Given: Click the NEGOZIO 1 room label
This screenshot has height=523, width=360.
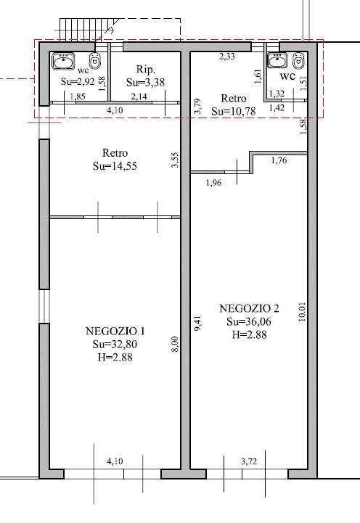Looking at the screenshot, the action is pos(115,331).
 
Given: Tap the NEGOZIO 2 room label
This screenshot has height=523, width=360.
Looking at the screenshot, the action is pos(249,308).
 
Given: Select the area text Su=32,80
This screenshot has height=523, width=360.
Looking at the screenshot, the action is pos(115,345).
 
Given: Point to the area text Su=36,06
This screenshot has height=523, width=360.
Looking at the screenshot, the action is pos(249,321).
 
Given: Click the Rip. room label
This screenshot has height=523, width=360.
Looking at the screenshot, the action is pos(146,70).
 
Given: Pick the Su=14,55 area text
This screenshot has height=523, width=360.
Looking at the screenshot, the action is pos(115,166).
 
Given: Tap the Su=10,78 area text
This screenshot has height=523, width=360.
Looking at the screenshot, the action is pos(234,111).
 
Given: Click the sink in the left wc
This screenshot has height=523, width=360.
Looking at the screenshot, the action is pos(63,61).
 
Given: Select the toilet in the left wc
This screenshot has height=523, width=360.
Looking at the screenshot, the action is pos(95,61).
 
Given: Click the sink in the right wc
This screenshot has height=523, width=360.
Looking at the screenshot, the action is pos(277,60).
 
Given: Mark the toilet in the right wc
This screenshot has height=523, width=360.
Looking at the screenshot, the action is pos(298,60).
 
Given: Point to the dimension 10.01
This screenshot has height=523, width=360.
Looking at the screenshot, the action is pos(302,312).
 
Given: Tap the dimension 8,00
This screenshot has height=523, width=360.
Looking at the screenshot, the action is pos(176,344).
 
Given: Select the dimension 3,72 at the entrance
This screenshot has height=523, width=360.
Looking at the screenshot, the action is pos(249,461).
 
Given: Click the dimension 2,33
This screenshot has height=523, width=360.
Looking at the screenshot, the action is pos(227,57).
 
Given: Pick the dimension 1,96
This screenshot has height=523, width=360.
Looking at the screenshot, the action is pos(214,183).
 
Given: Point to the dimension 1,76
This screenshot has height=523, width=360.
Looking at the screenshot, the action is pos(279,160).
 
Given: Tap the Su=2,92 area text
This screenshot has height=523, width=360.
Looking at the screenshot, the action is pos(78,81).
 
